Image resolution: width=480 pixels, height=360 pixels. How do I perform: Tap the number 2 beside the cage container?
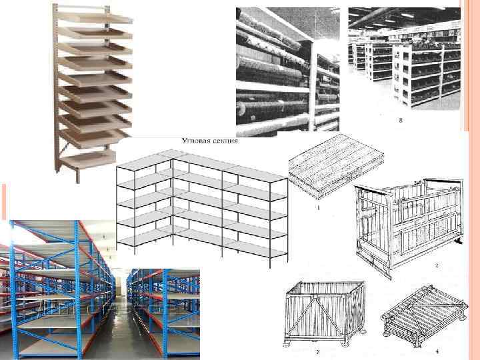click(437, 266)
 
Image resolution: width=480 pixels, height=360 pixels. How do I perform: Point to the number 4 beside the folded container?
click(437, 350)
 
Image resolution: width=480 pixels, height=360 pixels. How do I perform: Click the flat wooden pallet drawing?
click(336, 167)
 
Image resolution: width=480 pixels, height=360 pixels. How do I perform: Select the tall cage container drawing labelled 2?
click(407, 220)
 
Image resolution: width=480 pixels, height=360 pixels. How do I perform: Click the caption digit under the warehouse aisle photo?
click(400, 121)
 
